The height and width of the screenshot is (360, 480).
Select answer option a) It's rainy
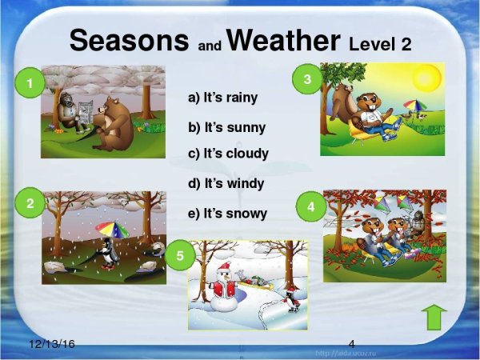click(x=223, y=98)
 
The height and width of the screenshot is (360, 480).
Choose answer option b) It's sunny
click(x=226, y=127)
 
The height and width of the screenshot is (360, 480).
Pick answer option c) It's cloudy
click(x=228, y=153)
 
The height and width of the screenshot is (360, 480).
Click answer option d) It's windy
click(x=226, y=183)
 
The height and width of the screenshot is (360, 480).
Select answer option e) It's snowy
click(x=227, y=214)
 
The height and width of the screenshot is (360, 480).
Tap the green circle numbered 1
click(x=30, y=83)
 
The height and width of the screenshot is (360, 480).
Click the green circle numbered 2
click(x=30, y=204)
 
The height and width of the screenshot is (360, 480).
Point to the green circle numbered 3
click(x=306, y=78)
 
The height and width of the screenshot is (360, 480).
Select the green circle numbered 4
click(x=310, y=206)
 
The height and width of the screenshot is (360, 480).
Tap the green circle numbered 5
click(x=180, y=256)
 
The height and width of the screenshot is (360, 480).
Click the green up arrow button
click(x=433, y=318)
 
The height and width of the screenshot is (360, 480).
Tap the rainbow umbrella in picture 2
click(x=111, y=230)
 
